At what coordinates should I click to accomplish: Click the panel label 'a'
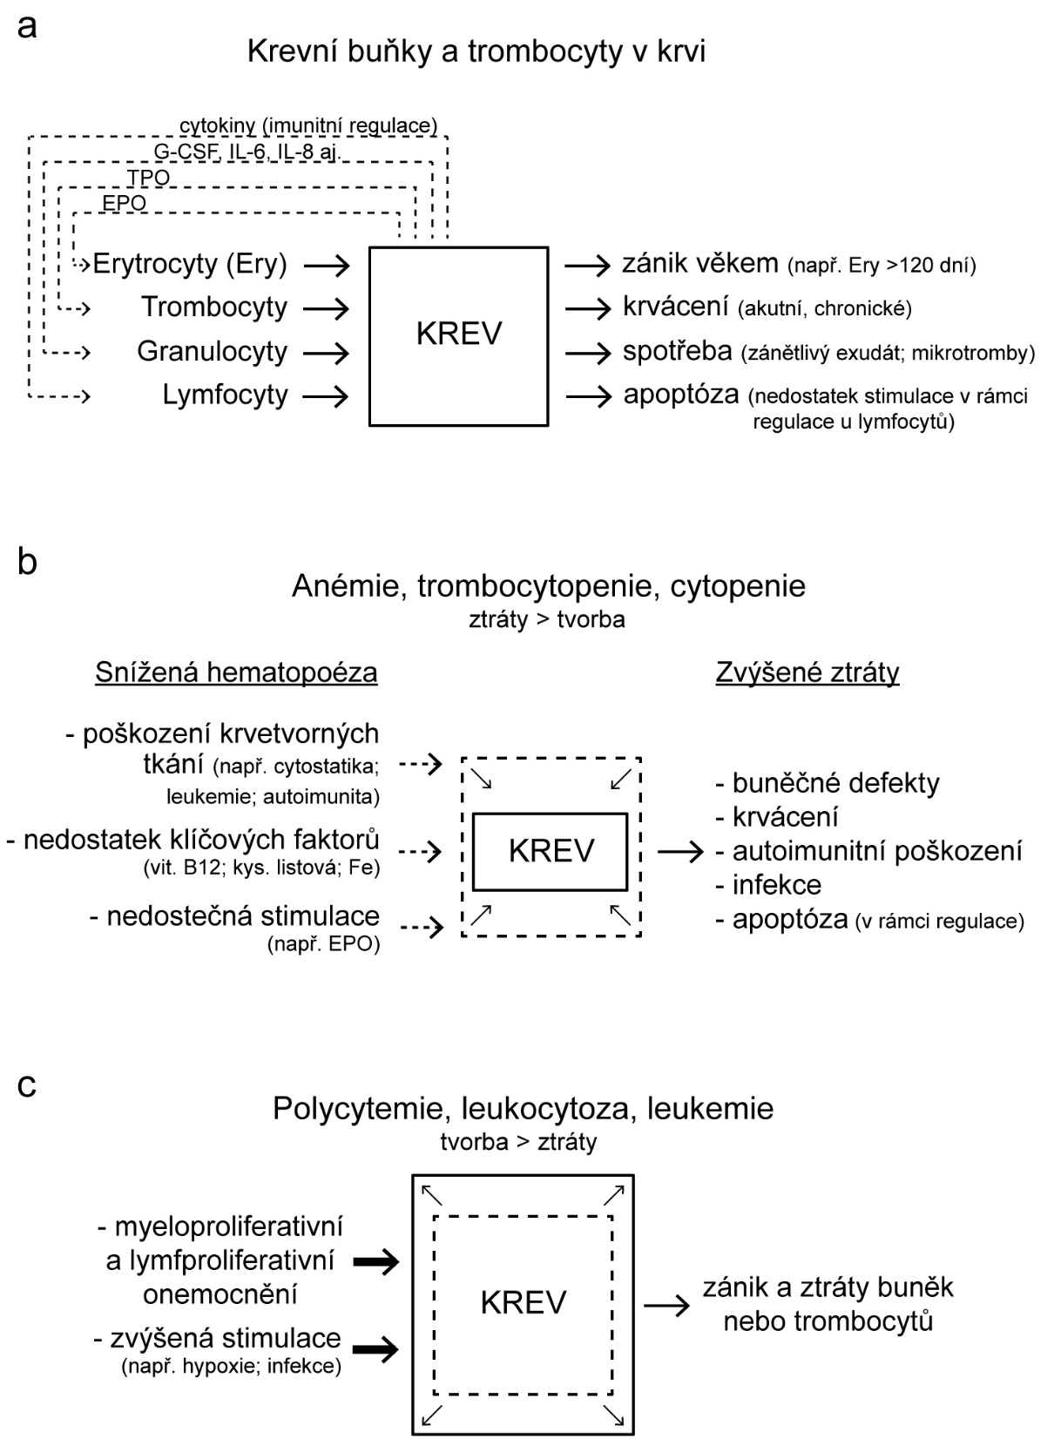point(27,27)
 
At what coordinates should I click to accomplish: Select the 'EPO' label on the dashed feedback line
point(125,204)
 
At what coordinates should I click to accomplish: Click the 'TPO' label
point(148,179)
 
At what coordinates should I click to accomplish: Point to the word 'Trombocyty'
point(214,307)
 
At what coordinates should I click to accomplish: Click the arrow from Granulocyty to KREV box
point(327,353)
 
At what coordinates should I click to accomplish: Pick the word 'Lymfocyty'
point(225,395)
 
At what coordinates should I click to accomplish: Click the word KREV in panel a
point(459,334)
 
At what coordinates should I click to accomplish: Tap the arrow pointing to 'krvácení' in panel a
point(588,308)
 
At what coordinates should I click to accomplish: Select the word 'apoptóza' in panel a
point(681,395)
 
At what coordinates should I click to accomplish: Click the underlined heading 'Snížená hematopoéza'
point(236,672)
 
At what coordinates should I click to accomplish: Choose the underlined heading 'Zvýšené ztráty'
point(807,672)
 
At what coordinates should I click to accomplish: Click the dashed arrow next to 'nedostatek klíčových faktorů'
point(421,851)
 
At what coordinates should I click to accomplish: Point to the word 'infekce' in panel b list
point(776,885)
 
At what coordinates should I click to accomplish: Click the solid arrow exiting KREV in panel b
point(679,851)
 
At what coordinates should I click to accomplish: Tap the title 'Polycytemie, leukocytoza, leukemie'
point(523,1109)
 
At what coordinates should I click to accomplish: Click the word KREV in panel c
point(523,1302)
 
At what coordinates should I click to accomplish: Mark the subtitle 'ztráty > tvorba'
point(546,620)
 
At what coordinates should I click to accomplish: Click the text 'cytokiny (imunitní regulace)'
point(308,125)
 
